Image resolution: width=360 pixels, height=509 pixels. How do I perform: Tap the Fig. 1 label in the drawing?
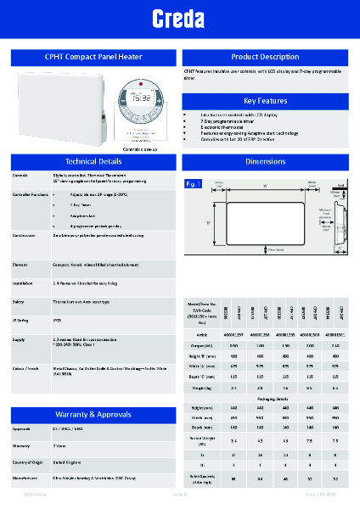click(x=192, y=183)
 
